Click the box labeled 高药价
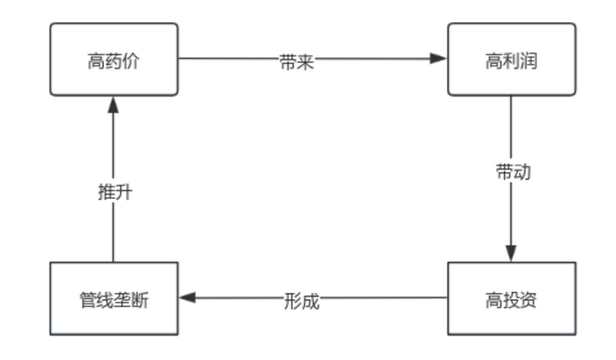[x=114, y=59]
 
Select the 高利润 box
[x=511, y=59]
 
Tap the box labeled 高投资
[x=511, y=298]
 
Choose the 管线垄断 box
[x=114, y=298]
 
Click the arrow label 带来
[x=297, y=62]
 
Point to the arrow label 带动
[x=512, y=172]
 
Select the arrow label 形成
[x=301, y=300]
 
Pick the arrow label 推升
[x=114, y=192]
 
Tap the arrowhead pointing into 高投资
[x=511, y=253]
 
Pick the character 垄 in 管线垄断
[x=122, y=300]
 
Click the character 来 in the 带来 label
[x=305, y=62]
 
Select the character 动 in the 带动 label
[x=521, y=172]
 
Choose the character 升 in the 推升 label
[x=123, y=192]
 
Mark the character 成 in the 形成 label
[x=310, y=300]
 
